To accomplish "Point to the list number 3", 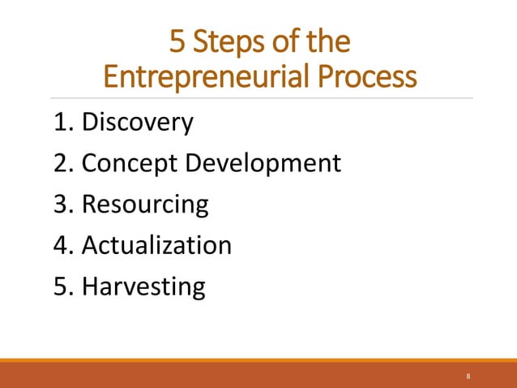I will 59,204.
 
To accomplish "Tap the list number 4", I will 59,244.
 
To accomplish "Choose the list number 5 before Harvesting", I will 59,286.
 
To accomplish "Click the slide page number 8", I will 468,377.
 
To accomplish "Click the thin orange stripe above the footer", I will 258,360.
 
